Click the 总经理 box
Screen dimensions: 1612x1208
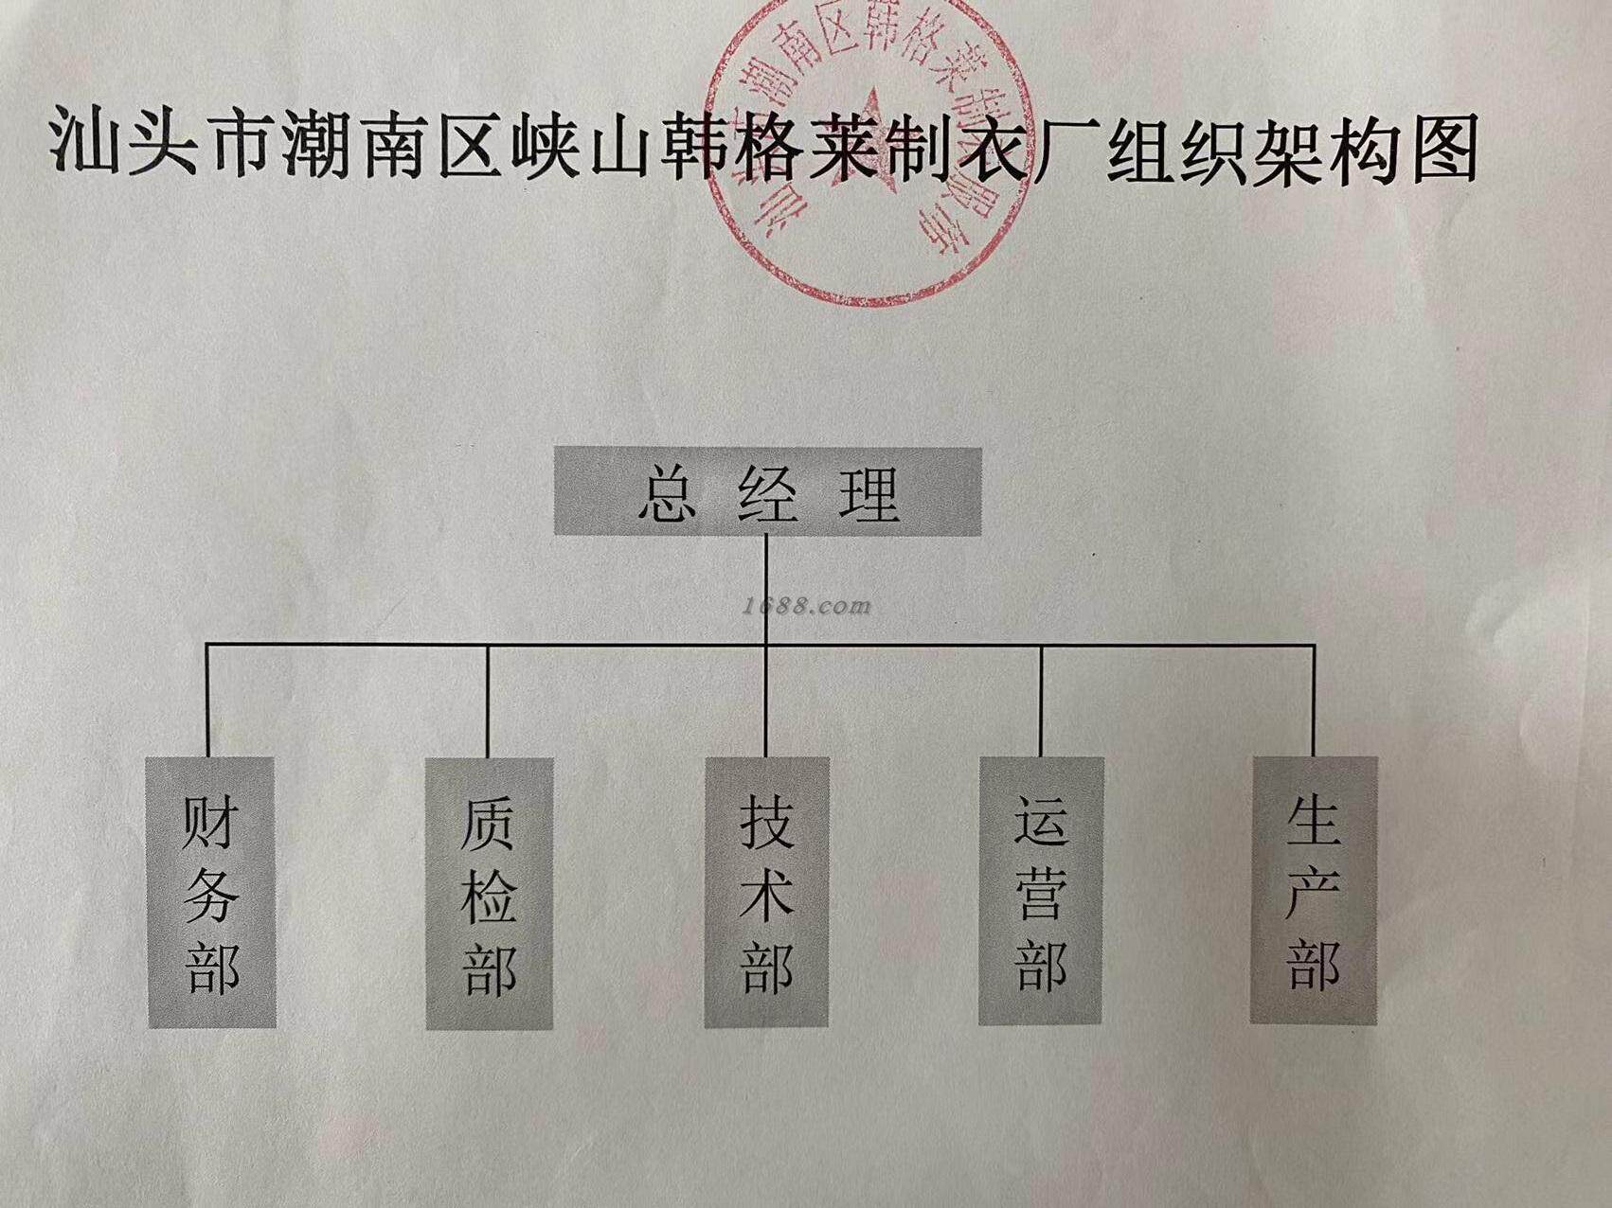click(x=766, y=491)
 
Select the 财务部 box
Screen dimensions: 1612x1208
click(x=211, y=892)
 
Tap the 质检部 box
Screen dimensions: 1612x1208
click(x=489, y=893)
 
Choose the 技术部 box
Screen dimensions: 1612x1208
click(x=766, y=892)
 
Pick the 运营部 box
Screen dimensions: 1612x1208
click(x=1041, y=891)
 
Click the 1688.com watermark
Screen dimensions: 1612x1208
click(x=807, y=606)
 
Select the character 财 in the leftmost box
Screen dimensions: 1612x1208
click(x=209, y=820)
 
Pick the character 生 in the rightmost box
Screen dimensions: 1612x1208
click(x=1313, y=818)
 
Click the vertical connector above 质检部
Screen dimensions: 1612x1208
click(x=488, y=701)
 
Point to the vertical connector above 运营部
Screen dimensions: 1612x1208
click(x=1041, y=701)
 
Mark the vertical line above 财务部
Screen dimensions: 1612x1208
click(x=208, y=701)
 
